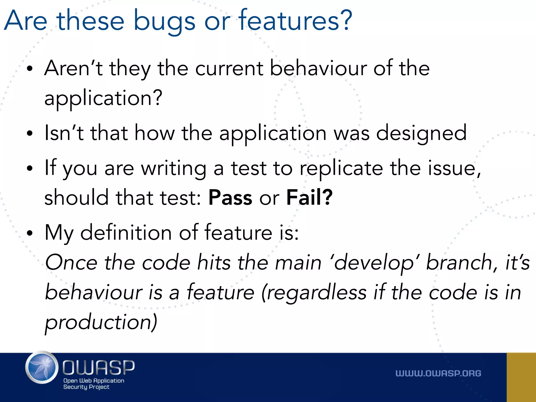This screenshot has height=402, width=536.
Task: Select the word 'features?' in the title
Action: (x=295, y=20)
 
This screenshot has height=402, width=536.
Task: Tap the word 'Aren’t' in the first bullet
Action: (x=73, y=69)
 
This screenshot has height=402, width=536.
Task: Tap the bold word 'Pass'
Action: (x=230, y=198)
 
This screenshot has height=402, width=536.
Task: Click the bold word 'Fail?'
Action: (x=309, y=198)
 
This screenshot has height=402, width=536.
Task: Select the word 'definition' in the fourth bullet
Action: (x=126, y=233)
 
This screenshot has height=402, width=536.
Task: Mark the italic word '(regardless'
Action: (x=314, y=293)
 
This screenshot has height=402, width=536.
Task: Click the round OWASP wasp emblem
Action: (x=42, y=367)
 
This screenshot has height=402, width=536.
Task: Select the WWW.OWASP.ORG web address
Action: (x=438, y=373)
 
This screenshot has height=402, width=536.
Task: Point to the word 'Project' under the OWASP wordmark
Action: (x=99, y=387)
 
